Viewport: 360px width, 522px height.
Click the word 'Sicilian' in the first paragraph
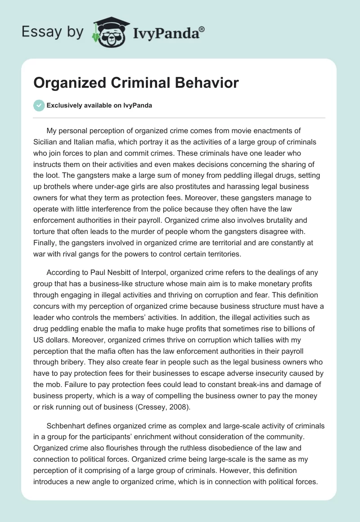pyautogui.click(x=47, y=142)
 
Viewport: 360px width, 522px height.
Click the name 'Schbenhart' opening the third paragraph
pyautogui.click(x=68, y=426)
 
